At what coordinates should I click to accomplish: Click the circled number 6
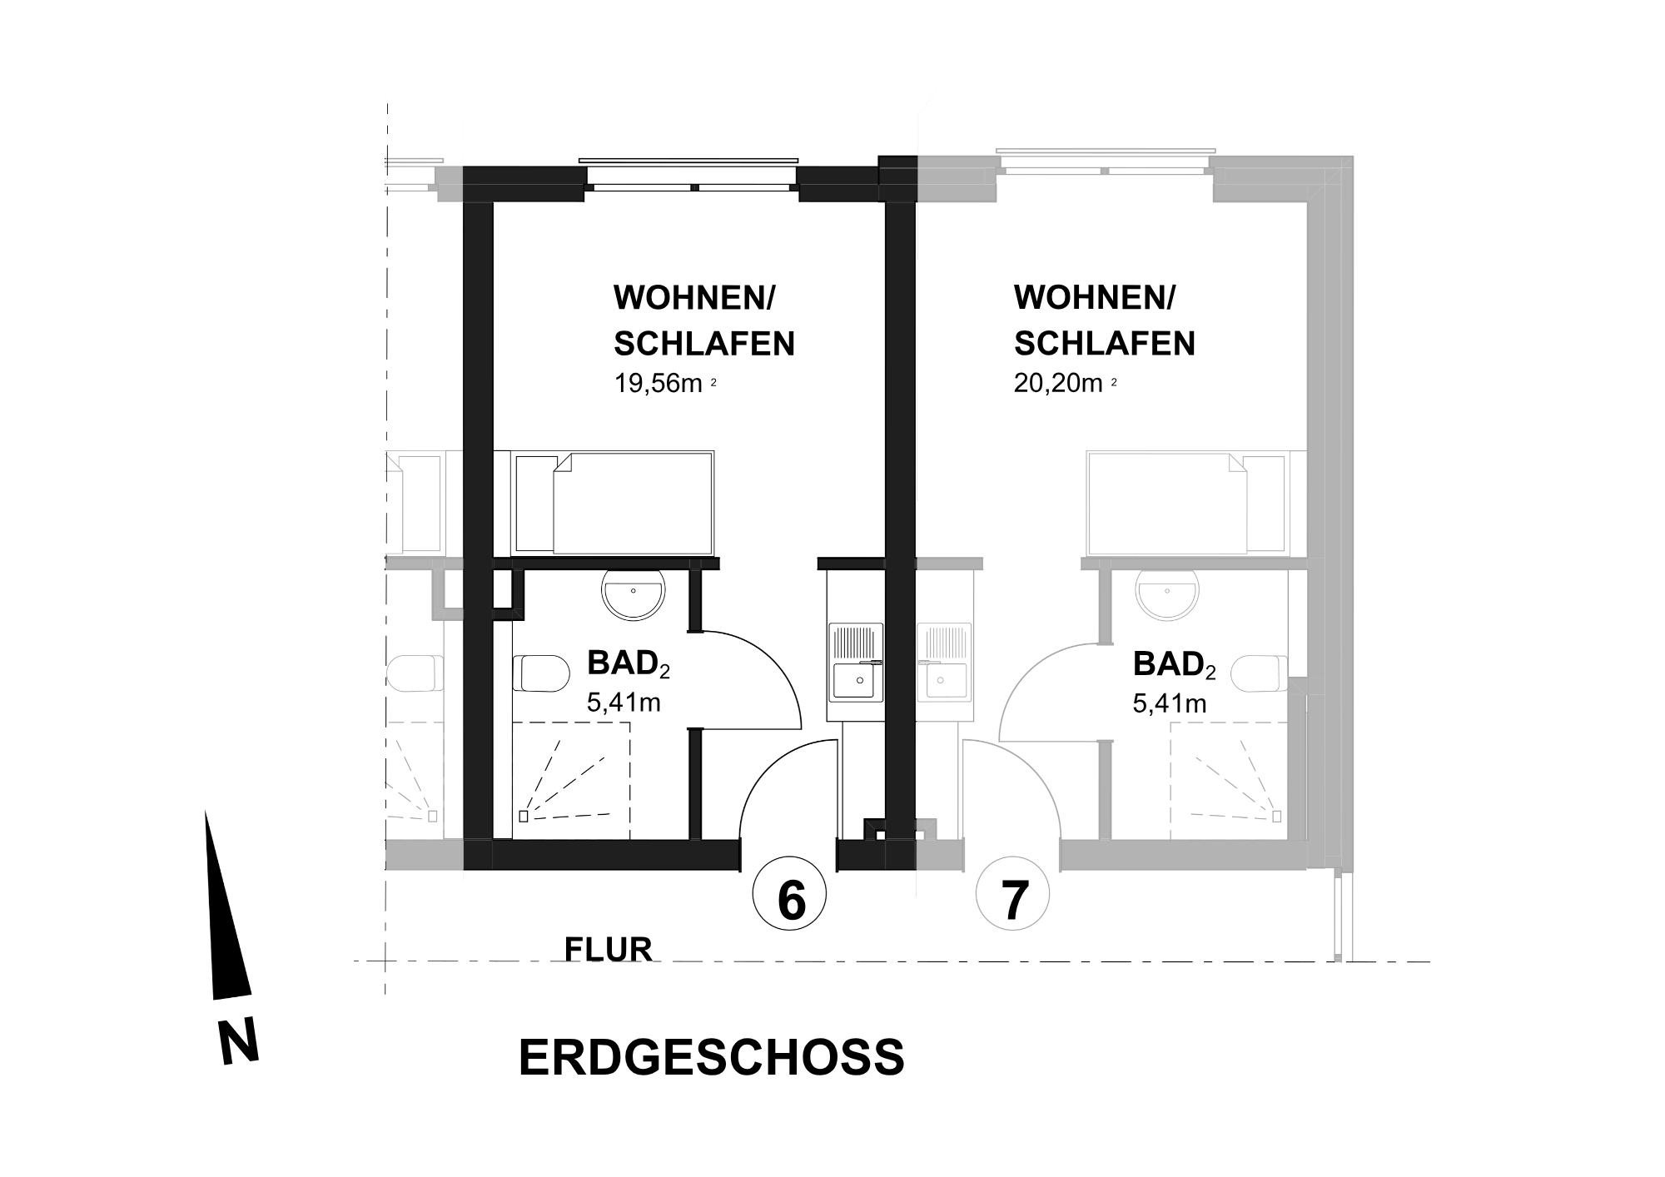pyautogui.click(x=789, y=896)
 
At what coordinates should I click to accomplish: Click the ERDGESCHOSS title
pyautogui.click(x=712, y=1057)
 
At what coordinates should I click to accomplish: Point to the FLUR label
pyautogui.click(x=608, y=949)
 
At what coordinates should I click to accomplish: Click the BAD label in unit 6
pyautogui.click(x=629, y=664)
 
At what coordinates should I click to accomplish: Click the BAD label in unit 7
pyautogui.click(x=1174, y=664)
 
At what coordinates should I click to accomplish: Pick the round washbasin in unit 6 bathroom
pyautogui.click(x=634, y=593)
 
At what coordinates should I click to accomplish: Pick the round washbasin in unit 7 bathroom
pyautogui.click(x=1167, y=593)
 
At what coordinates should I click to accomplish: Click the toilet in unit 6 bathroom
pyautogui.click(x=539, y=673)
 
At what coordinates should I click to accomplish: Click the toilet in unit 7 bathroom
pyautogui.click(x=1260, y=673)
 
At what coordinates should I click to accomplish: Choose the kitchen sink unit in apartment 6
pyautogui.click(x=855, y=663)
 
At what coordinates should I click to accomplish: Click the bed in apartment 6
pyautogui.click(x=614, y=503)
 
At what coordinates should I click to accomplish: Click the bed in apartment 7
pyautogui.click(x=1187, y=503)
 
